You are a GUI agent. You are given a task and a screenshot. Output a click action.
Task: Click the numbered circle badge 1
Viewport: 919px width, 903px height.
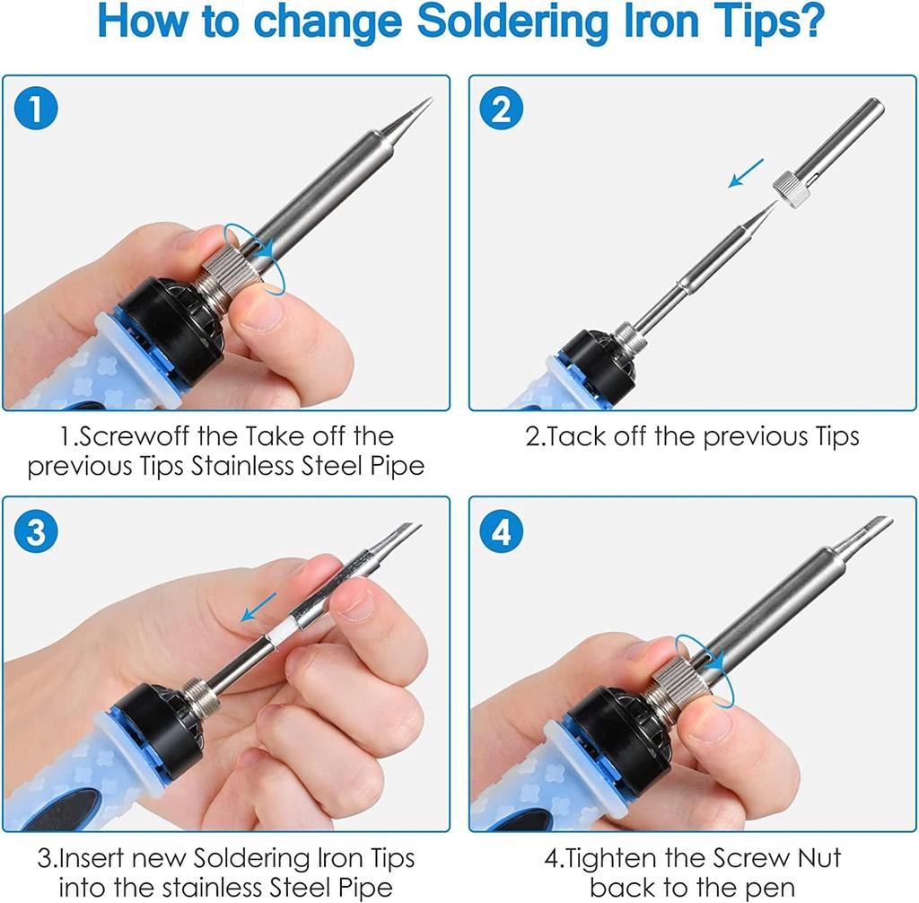click(36, 109)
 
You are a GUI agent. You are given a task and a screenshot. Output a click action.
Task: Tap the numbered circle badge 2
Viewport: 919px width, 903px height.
click(501, 109)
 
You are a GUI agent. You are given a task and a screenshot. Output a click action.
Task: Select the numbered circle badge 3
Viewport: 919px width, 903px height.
click(36, 531)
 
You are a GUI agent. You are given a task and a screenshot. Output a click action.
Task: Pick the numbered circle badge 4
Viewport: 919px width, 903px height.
click(501, 531)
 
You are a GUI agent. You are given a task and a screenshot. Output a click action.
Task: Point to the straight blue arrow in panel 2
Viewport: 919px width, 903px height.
click(746, 173)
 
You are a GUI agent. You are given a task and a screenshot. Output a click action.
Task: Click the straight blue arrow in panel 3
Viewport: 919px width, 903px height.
click(259, 607)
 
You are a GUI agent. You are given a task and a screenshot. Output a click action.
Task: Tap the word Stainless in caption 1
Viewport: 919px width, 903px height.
click(242, 466)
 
